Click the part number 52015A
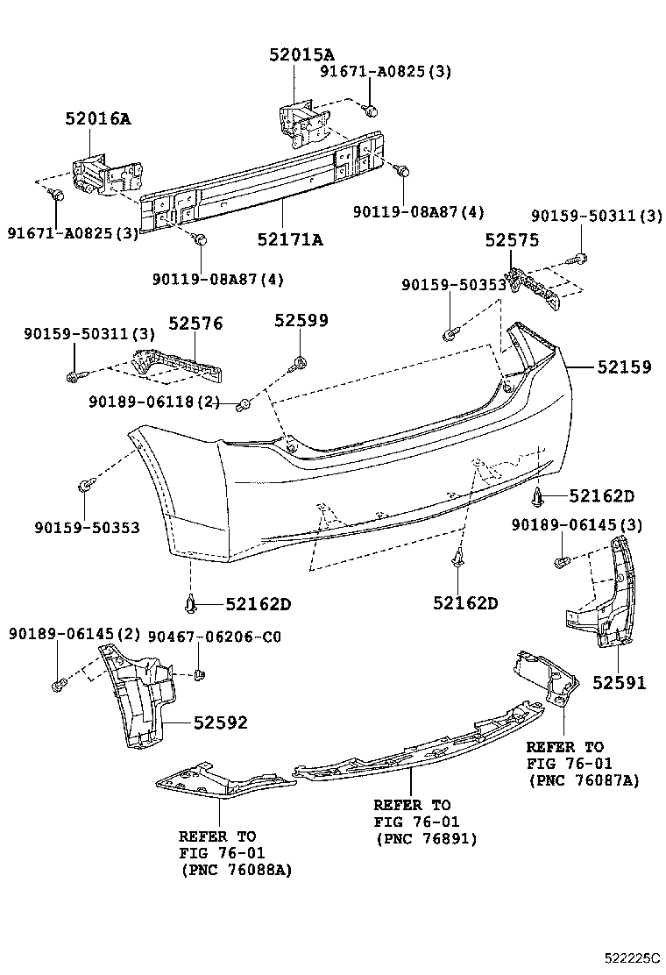point(302,54)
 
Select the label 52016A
point(97,118)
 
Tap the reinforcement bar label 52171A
point(290,238)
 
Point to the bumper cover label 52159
point(625,367)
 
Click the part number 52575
point(512,239)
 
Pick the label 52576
point(195,324)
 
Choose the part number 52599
point(301,321)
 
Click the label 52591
point(619,682)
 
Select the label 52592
point(220,722)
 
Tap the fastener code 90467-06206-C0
point(215,636)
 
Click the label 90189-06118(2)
point(154,402)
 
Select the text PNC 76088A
point(237,870)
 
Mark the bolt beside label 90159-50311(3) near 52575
point(583,257)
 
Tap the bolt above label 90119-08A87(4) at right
point(403,171)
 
